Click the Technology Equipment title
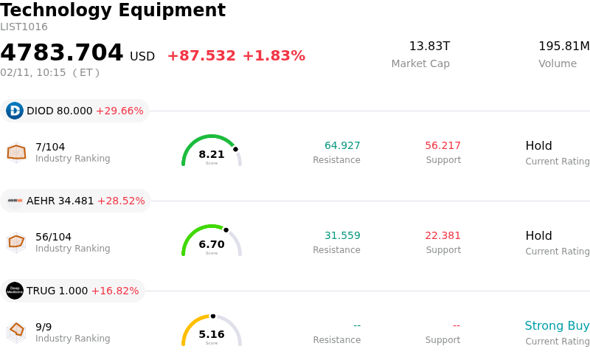[113, 10]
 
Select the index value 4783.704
[62, 53]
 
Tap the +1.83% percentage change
[274, 56]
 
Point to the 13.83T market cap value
[429, 46]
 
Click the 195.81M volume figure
[563, 46]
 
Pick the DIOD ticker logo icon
[15, 111]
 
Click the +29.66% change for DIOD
[119, 111]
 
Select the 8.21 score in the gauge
[212, 154]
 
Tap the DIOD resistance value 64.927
[342, 145]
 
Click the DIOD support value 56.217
[442, 145]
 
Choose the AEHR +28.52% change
[121, 201]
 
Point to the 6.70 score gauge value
[212, 244]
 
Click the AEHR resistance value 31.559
[342, 235]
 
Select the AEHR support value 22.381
[442, 235]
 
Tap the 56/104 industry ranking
[53, 237]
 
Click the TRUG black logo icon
[15, 291]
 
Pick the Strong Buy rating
[557, 326]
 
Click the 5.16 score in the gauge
[212, 334]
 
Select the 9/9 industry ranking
[44, 327]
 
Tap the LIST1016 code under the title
[24, 27]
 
